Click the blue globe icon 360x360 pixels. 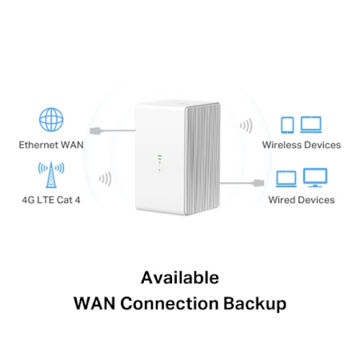pos(51,120)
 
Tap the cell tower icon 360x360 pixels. pos(51,174)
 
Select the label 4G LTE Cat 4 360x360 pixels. pos(51,200)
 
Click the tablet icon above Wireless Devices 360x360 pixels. pos(287,125)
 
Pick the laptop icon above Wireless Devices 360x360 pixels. pos(311,125)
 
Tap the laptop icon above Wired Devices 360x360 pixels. pos(286,179)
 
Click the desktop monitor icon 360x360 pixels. pos(315,178)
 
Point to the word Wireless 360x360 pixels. pos(282,145)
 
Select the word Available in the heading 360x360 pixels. pos(180,278)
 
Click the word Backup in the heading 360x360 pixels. pos(254,303)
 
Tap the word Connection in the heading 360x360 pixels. pos(170,303)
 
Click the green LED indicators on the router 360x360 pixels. pos(159,163)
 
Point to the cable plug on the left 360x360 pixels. pos(96,130)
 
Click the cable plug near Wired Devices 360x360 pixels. pos(258,183)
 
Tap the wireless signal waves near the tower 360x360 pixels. pos(106,178)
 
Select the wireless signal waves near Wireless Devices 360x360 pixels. pos(246,126)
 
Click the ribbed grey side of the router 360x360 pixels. pos(202,159)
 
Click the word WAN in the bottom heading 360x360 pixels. pos(94,303)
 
